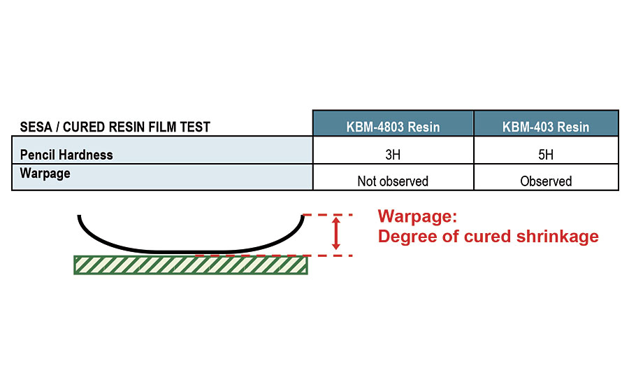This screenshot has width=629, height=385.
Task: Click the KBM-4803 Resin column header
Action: coord(393,127)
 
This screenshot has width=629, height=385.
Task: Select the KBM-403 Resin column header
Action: coord(546,127)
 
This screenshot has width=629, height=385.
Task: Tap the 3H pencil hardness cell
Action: coord(393,154)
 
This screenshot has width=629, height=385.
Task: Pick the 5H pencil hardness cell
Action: coord(546,154)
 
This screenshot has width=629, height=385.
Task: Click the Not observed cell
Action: coord(393,181)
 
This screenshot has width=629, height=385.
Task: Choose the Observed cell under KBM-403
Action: coord(546,181)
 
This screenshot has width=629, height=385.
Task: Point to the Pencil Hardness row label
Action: coord(66,155)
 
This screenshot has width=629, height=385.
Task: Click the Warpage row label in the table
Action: coord(45,173)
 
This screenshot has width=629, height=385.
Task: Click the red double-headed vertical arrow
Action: coord(336,234)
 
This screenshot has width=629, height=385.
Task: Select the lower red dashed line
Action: coord(328,255)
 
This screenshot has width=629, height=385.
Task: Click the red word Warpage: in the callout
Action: coord(417,216)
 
